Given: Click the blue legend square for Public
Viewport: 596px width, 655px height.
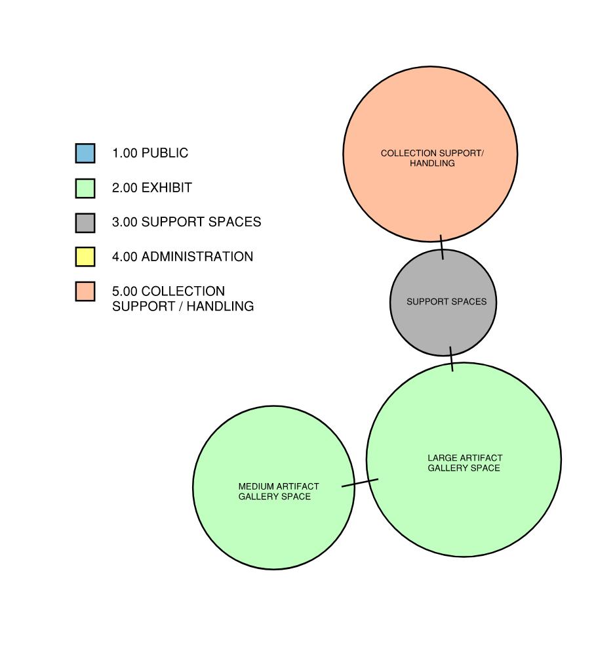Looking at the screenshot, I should pos(85,153).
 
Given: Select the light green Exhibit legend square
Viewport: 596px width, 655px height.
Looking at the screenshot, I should pos(85,188).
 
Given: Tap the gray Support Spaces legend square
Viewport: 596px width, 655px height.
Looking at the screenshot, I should pos(85,222).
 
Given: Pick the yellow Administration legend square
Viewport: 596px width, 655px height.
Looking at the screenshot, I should pos(85,257).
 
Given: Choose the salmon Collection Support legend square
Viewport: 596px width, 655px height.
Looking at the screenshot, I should pos(85,291).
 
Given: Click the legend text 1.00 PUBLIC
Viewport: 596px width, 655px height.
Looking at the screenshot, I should pos(150,153).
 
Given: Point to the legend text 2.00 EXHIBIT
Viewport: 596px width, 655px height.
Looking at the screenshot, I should pos(152,188).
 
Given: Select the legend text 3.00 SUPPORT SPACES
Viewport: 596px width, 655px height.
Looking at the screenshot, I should pos(187,222).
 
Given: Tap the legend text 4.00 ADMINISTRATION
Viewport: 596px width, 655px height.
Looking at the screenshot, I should pos(183,257).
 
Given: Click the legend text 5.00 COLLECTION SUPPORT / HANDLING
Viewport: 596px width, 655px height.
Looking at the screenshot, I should pos(183,299).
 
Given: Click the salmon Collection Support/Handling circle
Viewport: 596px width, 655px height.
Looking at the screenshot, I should pos(430,190).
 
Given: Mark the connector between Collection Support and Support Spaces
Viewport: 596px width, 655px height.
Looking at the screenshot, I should pos(442,247).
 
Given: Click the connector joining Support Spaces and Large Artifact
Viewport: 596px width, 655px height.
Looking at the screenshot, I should pos(451,358).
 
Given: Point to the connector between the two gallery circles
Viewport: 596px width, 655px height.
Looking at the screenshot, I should pos(360,483).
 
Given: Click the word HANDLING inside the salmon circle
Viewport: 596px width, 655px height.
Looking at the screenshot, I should pos(432,163).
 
